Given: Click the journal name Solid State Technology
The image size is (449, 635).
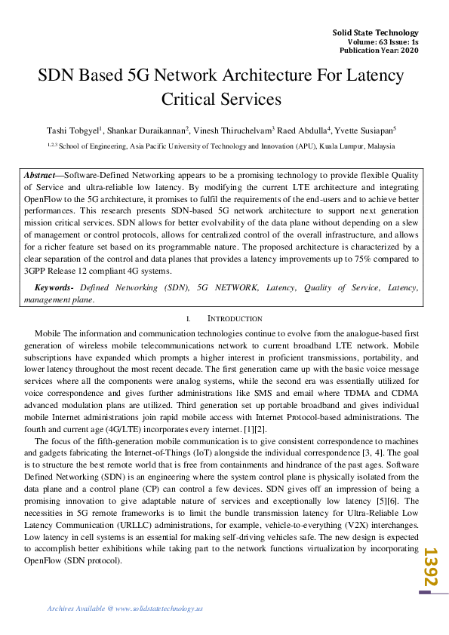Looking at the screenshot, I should click(x=375, y=32).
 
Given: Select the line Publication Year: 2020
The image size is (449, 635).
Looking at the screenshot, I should click(x=379, y=50).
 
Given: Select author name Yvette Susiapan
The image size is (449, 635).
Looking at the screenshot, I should click(x=364, y=129).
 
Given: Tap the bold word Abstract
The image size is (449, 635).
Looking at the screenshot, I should click(x=42, y=174).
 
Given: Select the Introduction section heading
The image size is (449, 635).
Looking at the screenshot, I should click(x=235, y=318).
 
